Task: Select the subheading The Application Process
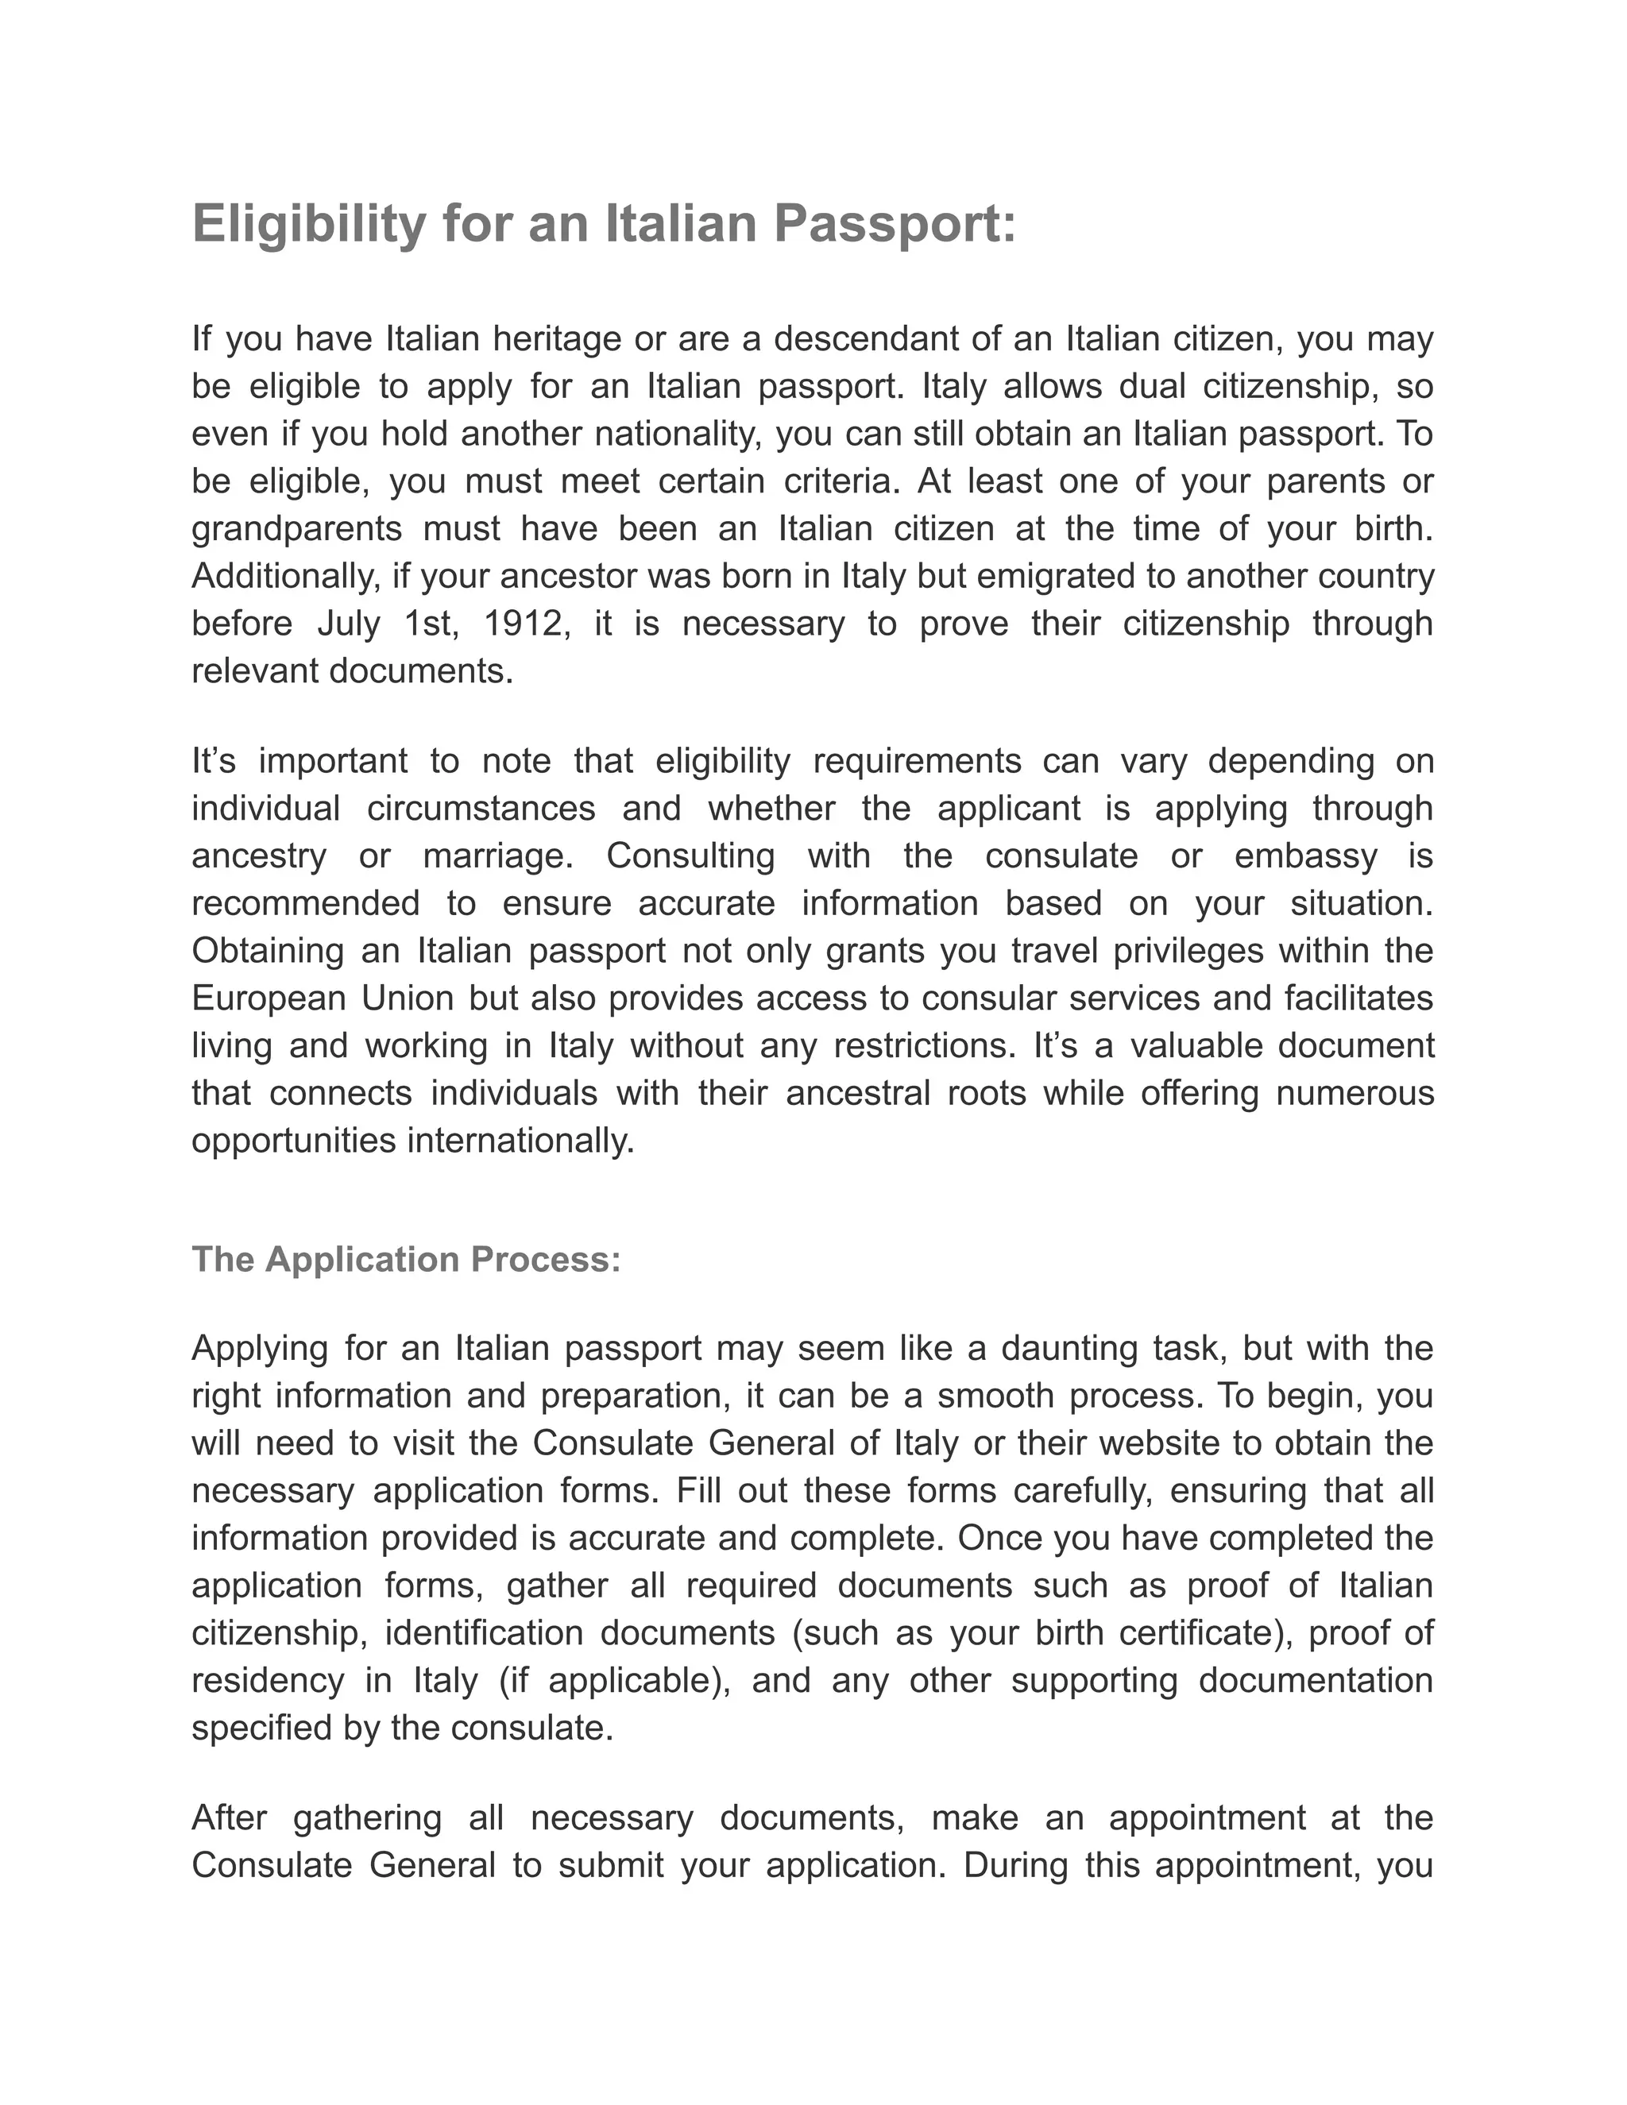point(406,1260)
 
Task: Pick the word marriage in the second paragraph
point(498,856)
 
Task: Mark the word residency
point(267,1681)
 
